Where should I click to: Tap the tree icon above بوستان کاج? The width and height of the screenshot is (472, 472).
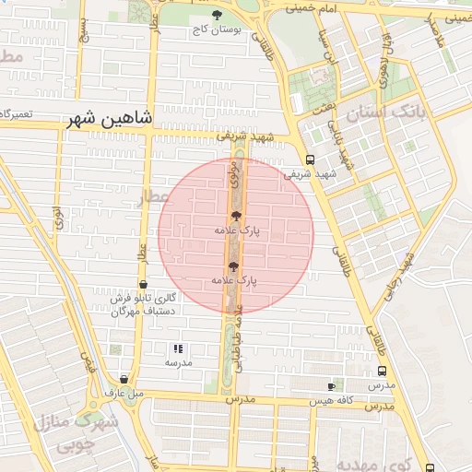tap(217, 15)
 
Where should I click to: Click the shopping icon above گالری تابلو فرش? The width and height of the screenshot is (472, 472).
tap(143, 285)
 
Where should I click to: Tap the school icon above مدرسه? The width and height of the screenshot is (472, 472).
tap(178, 349)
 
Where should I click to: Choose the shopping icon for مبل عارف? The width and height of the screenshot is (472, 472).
tap(124, 379)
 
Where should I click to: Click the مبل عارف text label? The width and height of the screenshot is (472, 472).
tap(125, 394)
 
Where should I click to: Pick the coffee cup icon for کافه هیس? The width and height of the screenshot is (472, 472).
tap(332, 385)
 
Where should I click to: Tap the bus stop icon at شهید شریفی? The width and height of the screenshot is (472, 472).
tap(310, 158)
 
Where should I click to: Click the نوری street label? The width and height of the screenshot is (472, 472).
tap(57, 218)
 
